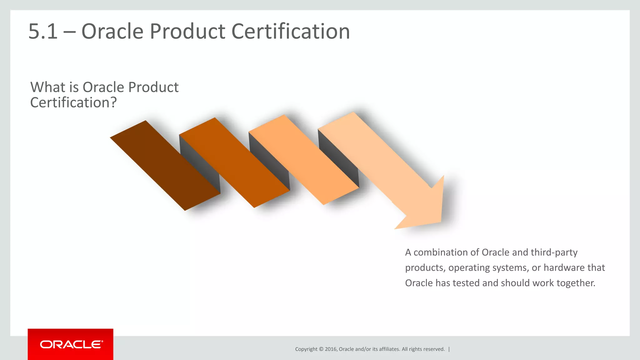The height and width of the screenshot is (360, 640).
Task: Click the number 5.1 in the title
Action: [x=43, y=32]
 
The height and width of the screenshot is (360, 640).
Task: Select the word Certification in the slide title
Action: [x=291, y=32]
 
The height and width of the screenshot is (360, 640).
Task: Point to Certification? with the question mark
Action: [x=73, y=103]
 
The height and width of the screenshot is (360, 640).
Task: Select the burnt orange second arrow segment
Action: [x=234, y=162]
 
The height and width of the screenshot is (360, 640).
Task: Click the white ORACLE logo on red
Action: [x=71, y=344]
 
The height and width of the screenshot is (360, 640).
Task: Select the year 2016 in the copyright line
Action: [x=331, y=349]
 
